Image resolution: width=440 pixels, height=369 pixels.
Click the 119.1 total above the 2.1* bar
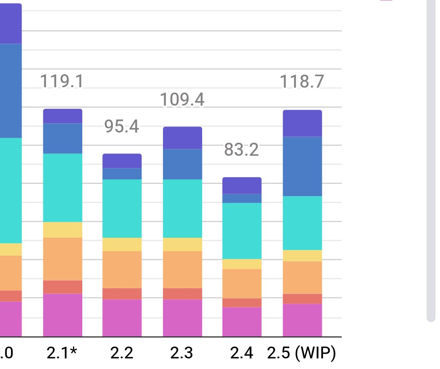point(62,82)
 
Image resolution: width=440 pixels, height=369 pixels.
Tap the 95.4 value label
point(122,127)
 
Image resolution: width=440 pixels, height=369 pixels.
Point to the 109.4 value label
point(182,100)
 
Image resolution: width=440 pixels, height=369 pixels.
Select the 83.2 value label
point(242,150)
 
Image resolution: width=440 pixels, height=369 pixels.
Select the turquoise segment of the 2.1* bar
point(63,188)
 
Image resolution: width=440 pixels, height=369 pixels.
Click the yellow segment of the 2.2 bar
point(122,244)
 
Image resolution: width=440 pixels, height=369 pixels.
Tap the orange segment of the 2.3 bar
point(183,270)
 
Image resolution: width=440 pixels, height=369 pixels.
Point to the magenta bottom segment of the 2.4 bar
point(242,322)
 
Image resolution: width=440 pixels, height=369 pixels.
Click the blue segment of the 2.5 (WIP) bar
point(302,166)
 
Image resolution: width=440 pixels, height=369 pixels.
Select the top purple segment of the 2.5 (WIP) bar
point(302,123)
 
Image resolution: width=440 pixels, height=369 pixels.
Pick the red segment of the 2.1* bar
point(63,287)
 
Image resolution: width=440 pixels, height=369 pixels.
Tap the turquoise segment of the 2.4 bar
point(242,231)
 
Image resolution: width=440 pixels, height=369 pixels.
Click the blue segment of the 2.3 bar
point(183,164)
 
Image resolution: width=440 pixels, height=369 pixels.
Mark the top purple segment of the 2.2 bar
point(122,161)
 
